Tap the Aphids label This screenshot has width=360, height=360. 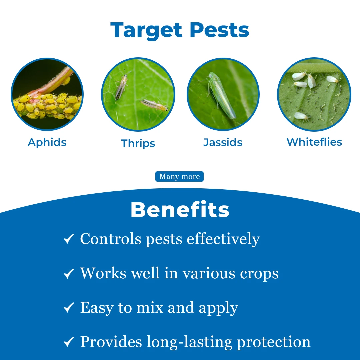point(47,142)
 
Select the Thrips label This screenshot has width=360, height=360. point(138,143)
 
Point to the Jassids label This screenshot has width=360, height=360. point(223,142)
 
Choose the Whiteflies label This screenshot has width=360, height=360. point(314,142)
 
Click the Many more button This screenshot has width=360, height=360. point(179,177)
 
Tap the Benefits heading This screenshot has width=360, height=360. point(180,210)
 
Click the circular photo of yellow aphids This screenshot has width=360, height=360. point(47,94)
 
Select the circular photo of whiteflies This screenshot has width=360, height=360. point(314,95)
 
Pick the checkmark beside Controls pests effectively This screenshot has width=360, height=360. point(69,239)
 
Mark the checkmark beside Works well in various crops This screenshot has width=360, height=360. point(69,273)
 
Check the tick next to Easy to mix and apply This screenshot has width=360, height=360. point(69,308)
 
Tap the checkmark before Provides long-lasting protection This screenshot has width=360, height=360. point(69,342)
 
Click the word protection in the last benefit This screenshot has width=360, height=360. point(273,342)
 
